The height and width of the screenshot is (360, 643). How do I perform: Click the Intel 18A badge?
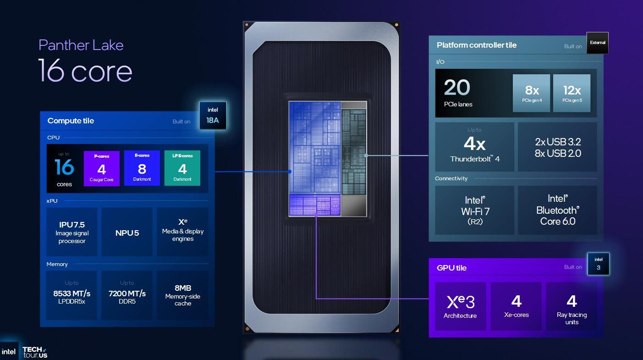(213, 115)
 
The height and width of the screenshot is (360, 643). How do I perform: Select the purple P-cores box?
(102, 168)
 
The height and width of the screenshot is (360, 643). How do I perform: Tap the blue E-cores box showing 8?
(142, 168)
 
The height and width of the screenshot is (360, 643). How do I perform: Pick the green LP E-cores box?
(182, 168)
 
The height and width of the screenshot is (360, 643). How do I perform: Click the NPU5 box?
(127, 232)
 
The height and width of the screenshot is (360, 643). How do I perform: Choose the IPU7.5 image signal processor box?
(72, 232)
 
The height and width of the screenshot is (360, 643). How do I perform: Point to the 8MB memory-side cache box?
(182, 295)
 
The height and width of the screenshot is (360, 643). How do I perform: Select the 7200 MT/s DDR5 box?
(127, 295)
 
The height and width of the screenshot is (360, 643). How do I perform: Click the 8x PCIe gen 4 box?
(532, 93)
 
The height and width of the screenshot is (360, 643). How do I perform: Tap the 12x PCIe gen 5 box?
(572, 93)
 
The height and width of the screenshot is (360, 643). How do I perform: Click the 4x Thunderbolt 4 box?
(474, 147)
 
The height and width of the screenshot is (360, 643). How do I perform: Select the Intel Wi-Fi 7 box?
(474, 210)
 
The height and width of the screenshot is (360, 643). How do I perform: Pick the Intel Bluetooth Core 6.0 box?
(557, 210)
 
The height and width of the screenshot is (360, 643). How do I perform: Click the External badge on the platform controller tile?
(598, 43)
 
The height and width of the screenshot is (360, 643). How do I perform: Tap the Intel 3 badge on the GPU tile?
(599, 264)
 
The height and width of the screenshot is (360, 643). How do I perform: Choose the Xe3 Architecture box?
(461, 306)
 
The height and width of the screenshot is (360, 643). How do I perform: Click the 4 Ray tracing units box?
(572, 306)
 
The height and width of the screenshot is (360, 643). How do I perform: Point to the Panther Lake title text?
(81, 45)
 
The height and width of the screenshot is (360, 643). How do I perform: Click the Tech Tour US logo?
(35, 352)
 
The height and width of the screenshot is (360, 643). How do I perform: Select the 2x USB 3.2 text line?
(558, 142)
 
